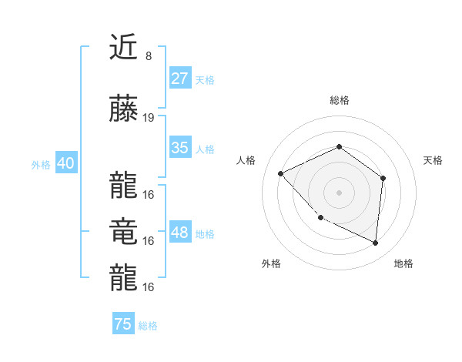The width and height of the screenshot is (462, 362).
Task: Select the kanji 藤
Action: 123,109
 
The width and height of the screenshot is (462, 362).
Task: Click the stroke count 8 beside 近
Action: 148,56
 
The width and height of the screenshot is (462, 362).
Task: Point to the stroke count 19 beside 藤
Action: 149,118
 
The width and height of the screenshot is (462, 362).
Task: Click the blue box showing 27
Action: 180,79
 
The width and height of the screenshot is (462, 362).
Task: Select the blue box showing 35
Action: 180,148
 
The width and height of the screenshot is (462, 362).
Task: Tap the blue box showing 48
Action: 180,233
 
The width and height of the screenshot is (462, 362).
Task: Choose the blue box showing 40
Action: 65,163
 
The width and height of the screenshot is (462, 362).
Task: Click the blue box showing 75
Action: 123,324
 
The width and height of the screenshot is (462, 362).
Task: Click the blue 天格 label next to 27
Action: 205,79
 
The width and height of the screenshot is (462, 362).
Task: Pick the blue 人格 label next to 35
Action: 205,149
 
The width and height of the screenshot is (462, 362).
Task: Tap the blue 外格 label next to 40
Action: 41,164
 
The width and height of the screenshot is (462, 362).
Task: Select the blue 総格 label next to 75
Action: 148,325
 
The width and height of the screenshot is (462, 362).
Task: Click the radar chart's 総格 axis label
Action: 339,100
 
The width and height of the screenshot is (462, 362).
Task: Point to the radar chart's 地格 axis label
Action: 403,264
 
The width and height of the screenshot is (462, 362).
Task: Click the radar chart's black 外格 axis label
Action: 271,264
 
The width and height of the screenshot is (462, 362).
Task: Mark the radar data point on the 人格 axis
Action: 281,173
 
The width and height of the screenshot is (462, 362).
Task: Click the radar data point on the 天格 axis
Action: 383,178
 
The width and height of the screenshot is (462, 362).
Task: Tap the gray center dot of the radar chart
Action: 339,192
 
